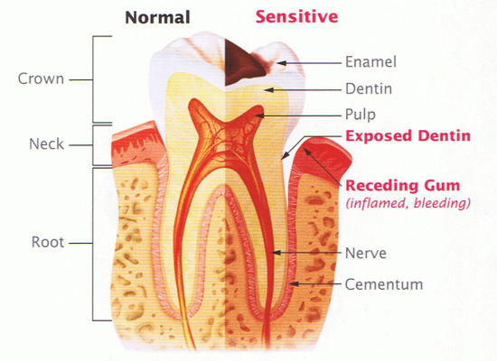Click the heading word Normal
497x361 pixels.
(157, 17)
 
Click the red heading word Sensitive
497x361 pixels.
(296, 16)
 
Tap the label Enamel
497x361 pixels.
(370, 61)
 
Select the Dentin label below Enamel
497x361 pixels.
(369, 88)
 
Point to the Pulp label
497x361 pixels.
(360, 115)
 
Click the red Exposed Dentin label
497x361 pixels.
(408, 136)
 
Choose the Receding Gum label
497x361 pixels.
(402, 186)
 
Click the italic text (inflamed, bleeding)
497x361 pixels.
(408, 203)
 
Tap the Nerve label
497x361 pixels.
(365, 254)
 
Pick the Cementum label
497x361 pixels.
(384, 284)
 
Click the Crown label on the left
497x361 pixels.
(41, 79)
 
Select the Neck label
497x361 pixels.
(46, 144)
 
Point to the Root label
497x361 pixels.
(48, 242)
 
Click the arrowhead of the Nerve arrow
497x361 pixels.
(276, 253)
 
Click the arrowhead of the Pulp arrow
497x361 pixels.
(259, 116)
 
